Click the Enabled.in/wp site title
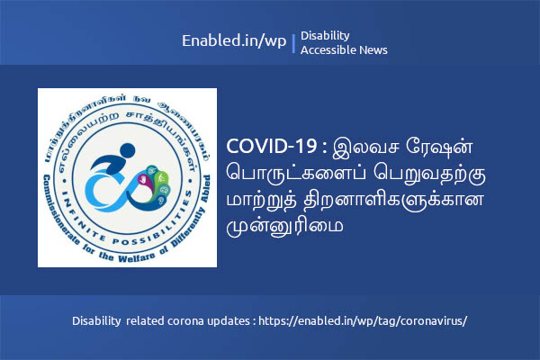[234, 41]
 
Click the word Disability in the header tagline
[325, 35]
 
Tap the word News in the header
[373, 50]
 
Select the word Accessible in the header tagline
[328, 50]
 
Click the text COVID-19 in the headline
[266, 146]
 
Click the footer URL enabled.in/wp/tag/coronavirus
[364, 320]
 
